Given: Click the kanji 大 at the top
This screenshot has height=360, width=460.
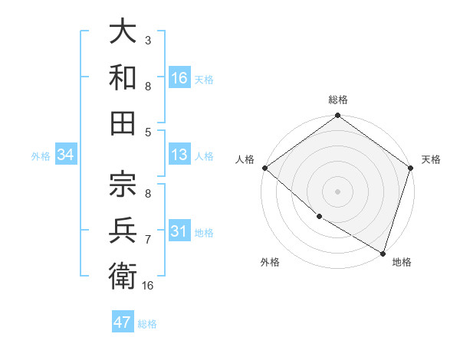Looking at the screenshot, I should pos(123,32).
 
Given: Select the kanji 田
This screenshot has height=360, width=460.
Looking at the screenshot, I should pos(123,122).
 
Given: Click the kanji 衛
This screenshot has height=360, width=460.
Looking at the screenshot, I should pos(123,275).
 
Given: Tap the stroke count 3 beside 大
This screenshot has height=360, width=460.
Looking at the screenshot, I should pos(147,39).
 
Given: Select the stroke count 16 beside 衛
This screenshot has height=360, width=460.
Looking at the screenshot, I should pos(149,286).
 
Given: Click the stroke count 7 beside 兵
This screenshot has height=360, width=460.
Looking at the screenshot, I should pos(147,240).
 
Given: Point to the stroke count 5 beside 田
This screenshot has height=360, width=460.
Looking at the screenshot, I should pos(147,132).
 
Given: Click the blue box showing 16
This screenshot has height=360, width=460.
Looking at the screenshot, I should pos(179,77).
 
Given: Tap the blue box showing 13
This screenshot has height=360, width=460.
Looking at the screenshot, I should pos(179,155).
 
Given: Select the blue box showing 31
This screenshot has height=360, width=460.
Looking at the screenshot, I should pos(179,231).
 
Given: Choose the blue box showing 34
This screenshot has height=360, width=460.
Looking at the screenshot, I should pos(66,155).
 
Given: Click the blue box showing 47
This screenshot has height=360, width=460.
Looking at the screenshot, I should pos(123,322).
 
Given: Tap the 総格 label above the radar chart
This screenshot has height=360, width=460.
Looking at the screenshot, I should pos(338,100).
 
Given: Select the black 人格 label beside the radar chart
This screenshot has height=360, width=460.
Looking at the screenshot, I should pos(245,159).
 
